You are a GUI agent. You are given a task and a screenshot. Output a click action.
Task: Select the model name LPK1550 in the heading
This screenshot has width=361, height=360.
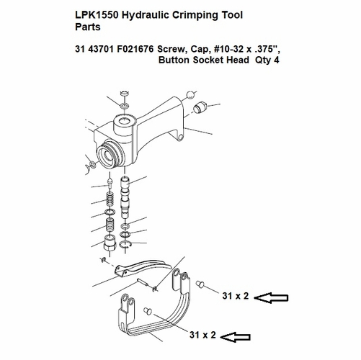point(99,15)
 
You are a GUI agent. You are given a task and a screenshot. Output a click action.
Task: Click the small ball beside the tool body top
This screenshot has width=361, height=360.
point(190,94)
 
